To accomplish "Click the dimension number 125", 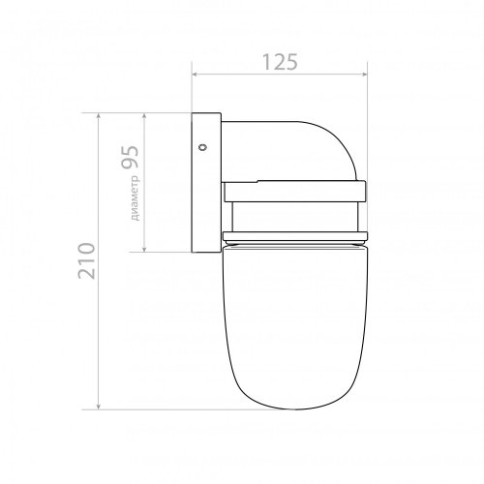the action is [280, 62].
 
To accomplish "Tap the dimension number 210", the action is [86, 260].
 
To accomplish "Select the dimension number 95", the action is [130, 157].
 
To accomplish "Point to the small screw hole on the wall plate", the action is [203, 147].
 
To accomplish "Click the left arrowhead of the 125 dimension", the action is [195, 75].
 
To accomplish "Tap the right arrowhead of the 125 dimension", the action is [365, 75].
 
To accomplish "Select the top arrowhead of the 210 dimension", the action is [99, 116].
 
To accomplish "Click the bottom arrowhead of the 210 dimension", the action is [99, 407].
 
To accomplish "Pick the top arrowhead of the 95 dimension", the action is [144, 116].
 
